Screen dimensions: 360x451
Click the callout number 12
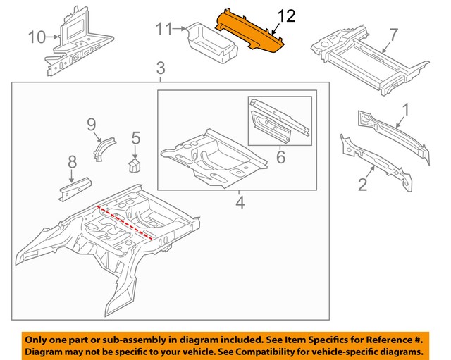pos(287,16)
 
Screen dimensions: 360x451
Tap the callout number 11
pos(163,29)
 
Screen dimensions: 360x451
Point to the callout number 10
pos(36,36)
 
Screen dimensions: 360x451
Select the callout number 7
pos(393,33)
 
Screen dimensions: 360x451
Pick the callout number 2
pos(362,185)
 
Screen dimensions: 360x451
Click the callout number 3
pos(161,68)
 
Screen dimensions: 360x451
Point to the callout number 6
pos(280,157)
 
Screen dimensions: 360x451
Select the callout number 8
pos(71,164)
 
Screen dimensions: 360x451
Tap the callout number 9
pos(91,125)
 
